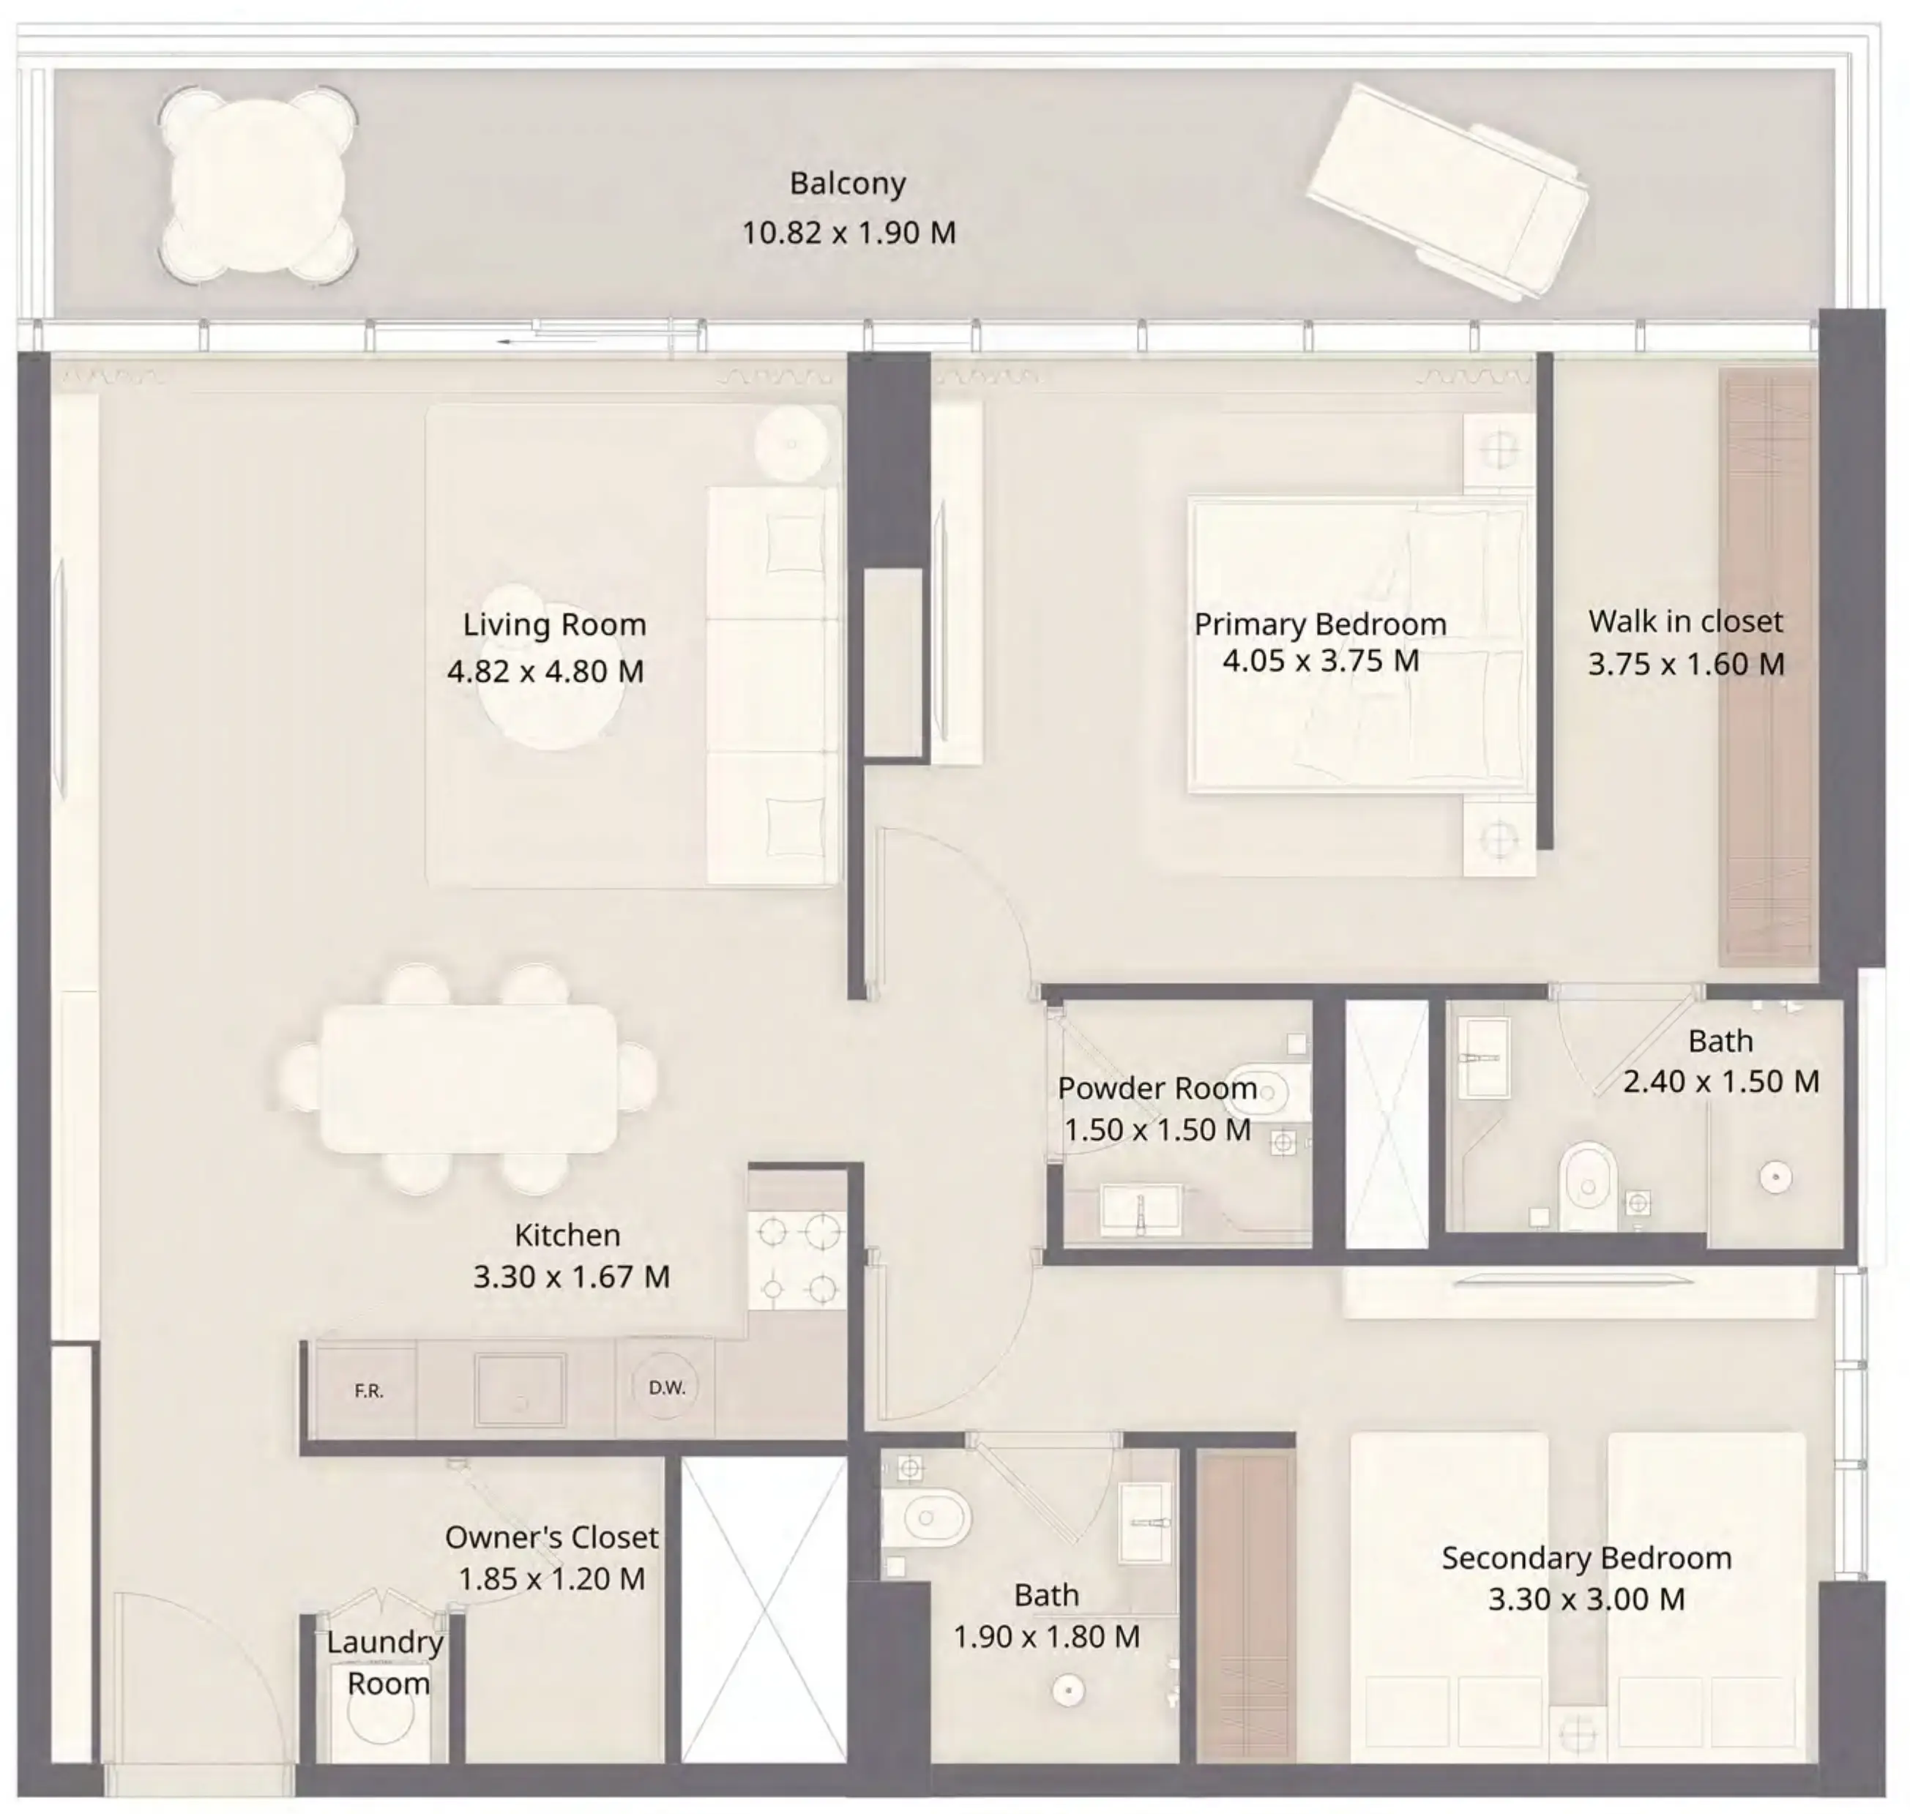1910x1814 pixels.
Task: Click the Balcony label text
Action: (x=847, y=184)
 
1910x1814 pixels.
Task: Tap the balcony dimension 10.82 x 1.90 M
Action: (x=848, y=233)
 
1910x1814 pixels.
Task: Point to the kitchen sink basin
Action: (x=519, y=1390)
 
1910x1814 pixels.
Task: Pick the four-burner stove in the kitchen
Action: (x=797, y=1260)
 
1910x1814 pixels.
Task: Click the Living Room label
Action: (x=554, y=624)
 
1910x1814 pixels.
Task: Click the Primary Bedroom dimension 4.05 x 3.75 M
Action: (x=1320, y=661)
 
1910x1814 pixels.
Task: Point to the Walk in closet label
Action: (x=1685, y=622)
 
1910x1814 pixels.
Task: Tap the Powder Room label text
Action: (x=1157, y=1089)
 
